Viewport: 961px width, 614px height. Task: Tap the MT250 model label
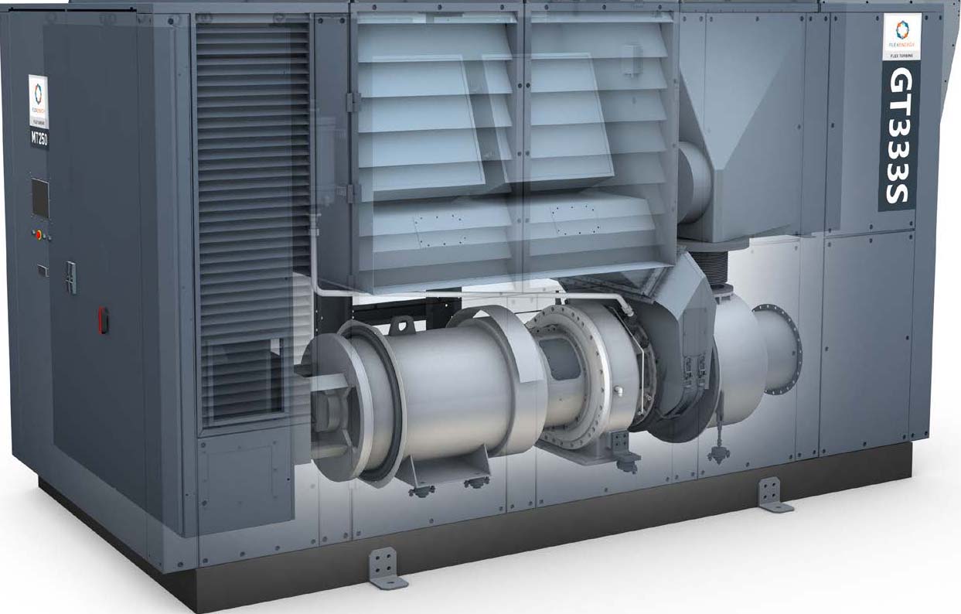pyautogui.click(x=39, y=139)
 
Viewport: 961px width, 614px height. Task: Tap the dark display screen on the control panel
pyautogui.click(x=39, y=198)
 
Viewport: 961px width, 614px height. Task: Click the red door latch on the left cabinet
pyautogui.click(x=103, y=319)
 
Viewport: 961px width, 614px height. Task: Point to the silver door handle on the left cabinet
pyautogui.click(x=70, y=276)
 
